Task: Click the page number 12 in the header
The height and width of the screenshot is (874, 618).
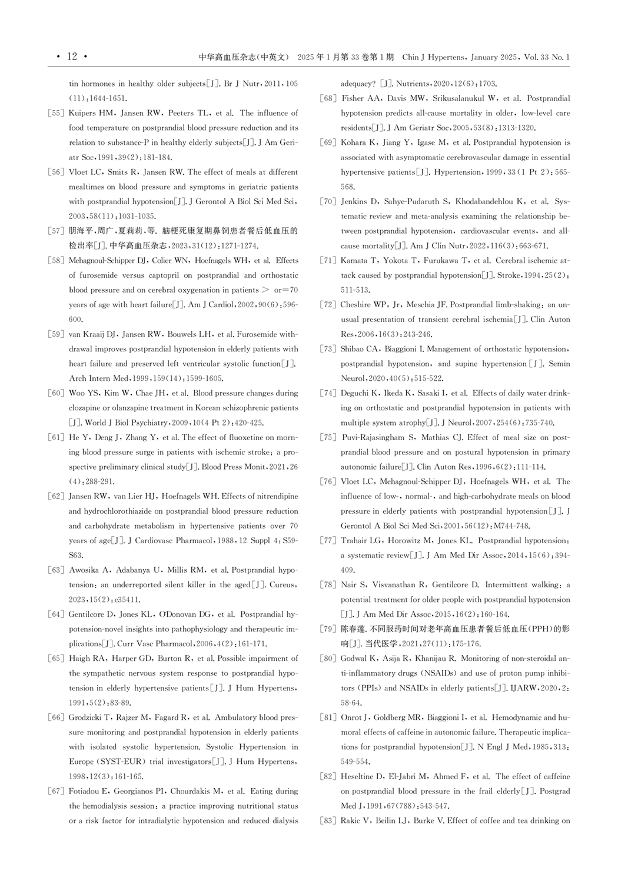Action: tap(72, 57)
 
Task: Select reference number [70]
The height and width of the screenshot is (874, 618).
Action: tap(328, 201)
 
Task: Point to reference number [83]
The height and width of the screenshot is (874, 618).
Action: tap(328, 820)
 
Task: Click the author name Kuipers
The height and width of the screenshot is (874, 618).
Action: tap(82, 113)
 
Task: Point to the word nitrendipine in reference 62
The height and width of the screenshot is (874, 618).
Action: tap(274, 496)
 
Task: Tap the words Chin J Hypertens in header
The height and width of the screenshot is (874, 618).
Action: tap(433, 57)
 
